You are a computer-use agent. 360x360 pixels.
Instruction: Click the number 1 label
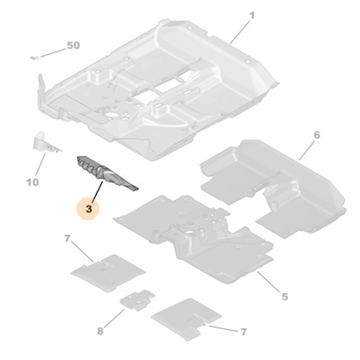tap(252, 16)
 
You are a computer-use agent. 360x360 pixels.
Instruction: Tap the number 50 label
tap(73, 45)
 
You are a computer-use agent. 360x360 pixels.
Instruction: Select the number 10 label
tap(32, 182)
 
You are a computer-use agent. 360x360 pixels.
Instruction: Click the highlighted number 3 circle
tap(88, 208)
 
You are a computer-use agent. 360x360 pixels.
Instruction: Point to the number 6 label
tap(317, 135)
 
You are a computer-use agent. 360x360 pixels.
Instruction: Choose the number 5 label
tap(284, 297)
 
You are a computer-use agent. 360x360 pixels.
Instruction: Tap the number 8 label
tap(100, 331)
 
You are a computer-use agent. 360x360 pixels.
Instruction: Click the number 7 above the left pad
tap(67, 238)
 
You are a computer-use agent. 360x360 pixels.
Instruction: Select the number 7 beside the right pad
tap(243, 332)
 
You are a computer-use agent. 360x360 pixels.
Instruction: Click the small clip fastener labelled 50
tap(35, 58)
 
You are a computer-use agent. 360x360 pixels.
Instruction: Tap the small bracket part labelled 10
tap(45, 143)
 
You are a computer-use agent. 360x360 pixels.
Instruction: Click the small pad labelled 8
tap(138, 300)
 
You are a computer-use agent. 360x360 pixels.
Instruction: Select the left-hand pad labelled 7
tap(108, 273)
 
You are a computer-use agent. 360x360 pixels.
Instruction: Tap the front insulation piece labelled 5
tap(194, 238)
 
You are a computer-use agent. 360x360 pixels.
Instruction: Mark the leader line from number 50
tap(53, 53)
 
